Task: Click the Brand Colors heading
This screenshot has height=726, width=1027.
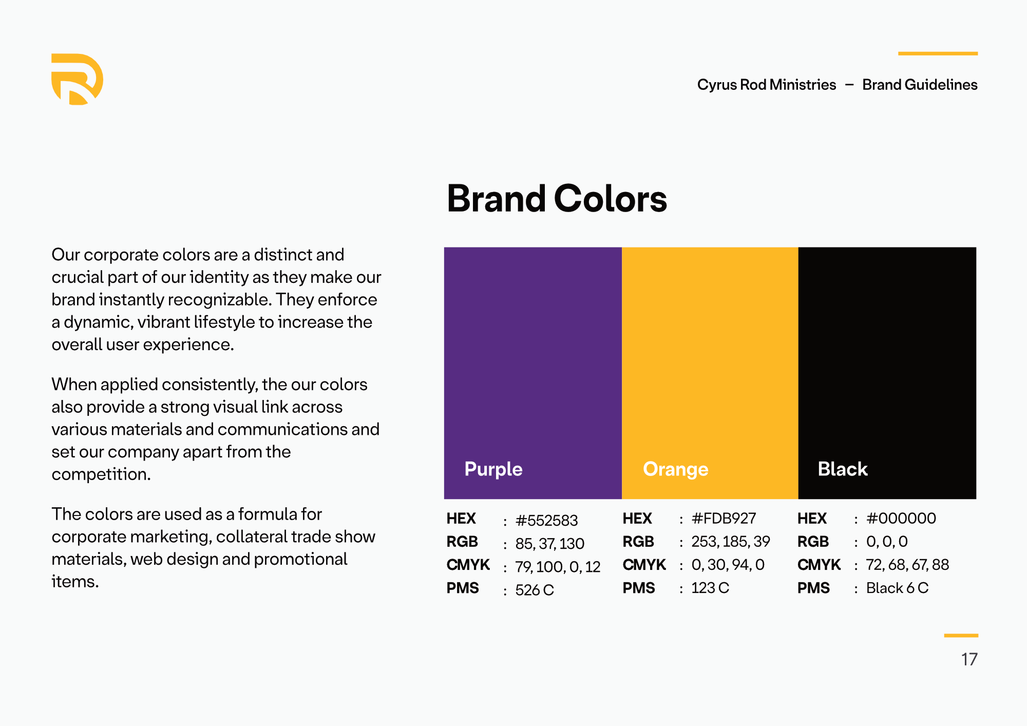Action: click(557, 199)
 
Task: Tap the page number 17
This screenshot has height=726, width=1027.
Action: click(969, 659)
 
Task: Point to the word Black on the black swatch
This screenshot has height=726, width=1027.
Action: click(843, 469)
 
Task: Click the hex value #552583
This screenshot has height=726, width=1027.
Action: click(546, 521)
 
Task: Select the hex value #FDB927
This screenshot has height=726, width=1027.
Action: click(724, 519)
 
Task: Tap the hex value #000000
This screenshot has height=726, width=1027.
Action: click(901, 519)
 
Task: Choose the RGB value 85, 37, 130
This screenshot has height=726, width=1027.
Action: click(550, 544)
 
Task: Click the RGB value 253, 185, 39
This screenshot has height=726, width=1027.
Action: click(731, 542)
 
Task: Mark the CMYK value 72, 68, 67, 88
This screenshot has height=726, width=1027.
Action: click(907, 565)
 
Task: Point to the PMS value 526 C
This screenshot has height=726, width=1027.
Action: click(535, 590)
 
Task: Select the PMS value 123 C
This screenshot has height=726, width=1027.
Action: click(710, 588)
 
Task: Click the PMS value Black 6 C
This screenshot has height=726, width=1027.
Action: click(898, 588)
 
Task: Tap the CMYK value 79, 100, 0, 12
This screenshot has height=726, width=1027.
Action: click(558, 567)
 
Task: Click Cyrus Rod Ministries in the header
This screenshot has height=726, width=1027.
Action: click(767, 85)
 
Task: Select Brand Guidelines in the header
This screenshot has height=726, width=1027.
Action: click(920, 85)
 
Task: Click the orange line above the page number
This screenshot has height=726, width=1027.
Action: click(961, 636)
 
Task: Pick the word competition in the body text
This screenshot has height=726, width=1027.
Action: click(101, 474)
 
